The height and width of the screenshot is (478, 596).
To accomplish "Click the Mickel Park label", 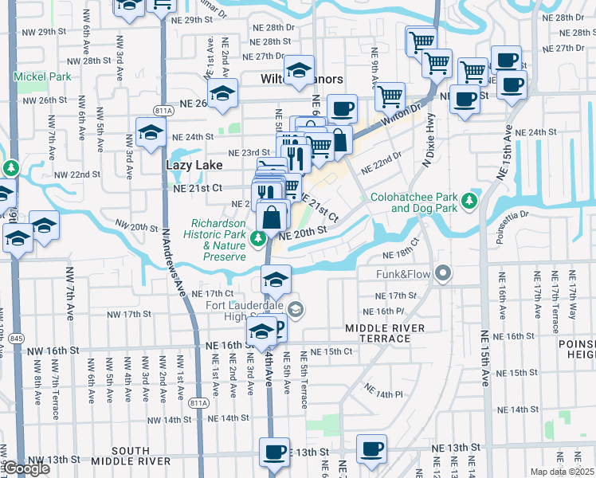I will click(42, 77).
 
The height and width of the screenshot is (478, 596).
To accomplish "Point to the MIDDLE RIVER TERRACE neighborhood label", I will click(378, 334).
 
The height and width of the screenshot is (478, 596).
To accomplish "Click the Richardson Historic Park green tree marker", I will click(257, 237).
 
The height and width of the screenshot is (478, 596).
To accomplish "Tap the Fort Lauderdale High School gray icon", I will click(295, 310).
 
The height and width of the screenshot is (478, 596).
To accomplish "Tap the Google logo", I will click(25, 469).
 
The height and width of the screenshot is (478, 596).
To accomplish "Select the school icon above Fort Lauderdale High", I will click(276, 278).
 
